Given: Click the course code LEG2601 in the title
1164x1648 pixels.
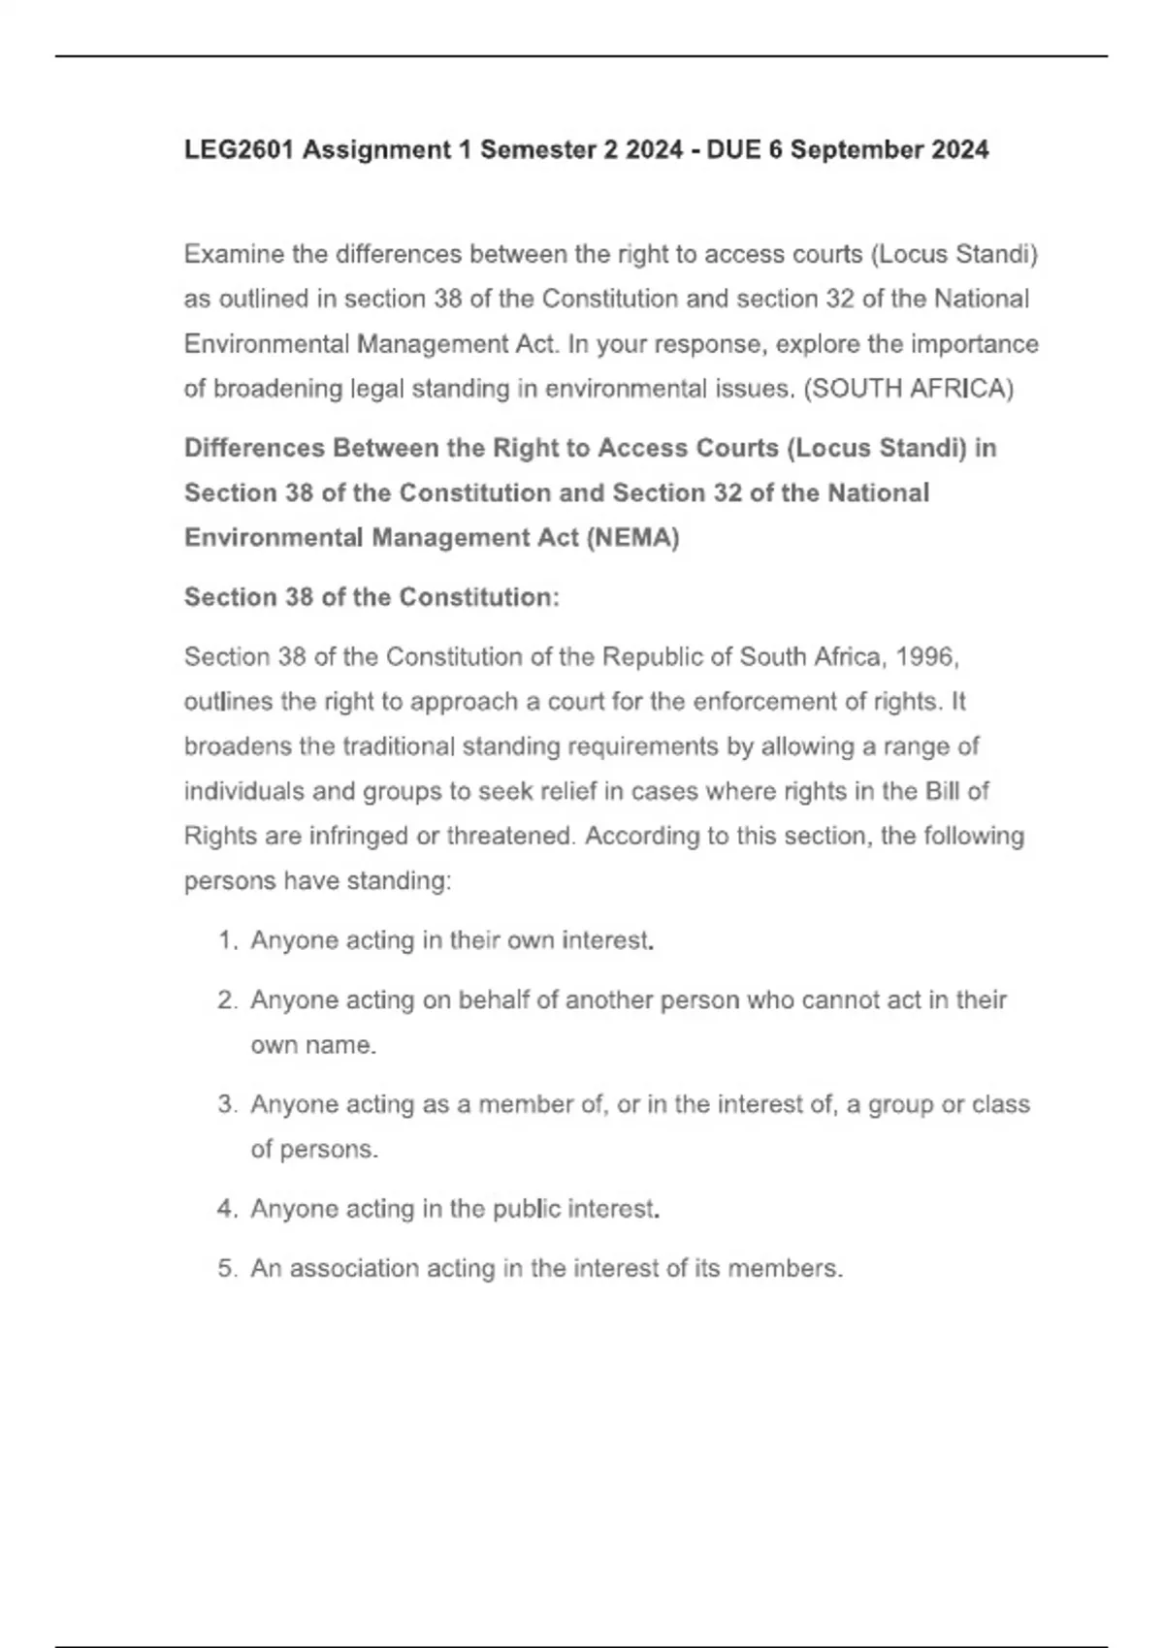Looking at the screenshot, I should pos(239,150).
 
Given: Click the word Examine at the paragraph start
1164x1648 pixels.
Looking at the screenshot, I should pos(233,255).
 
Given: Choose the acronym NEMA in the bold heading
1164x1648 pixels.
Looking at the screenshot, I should pos(631,538).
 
